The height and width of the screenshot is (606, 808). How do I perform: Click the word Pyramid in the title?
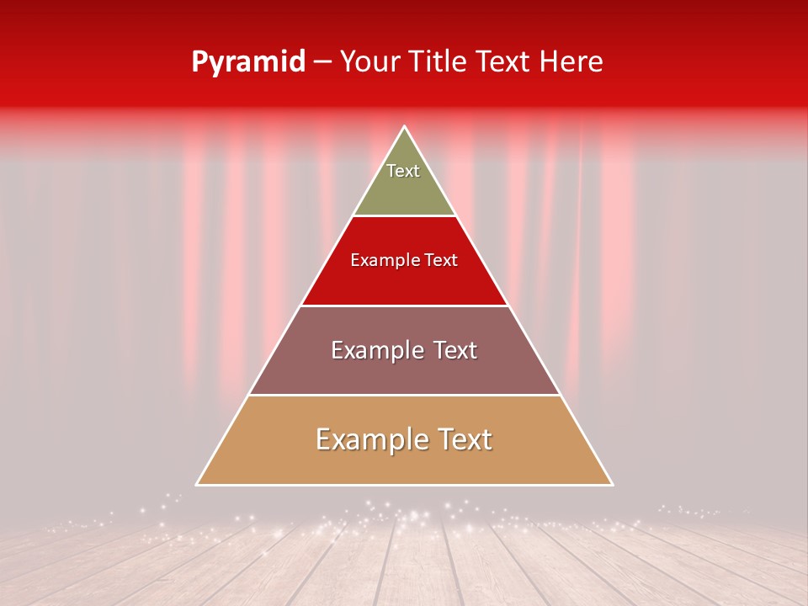pos(248,62)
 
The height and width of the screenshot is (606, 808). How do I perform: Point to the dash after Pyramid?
pos(322,63)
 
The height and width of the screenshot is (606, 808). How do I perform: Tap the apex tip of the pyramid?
pos(405,128)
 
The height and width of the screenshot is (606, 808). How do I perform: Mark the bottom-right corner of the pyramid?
pos(611,484)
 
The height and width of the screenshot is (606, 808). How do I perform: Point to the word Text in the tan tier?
pos(464,439)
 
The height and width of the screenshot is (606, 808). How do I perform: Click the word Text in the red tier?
pos(442,260)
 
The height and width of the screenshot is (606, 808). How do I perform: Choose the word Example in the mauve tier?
pos(374,350)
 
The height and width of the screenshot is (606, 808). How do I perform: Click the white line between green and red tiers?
pos(404,216)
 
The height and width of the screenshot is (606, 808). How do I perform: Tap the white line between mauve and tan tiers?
pos(404,396)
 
